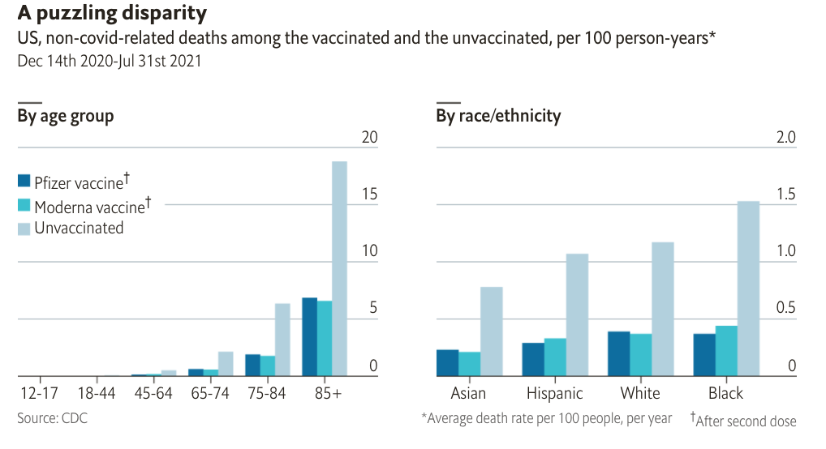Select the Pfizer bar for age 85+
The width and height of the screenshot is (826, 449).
[309, 337]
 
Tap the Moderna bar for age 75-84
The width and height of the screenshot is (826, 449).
[268, 366]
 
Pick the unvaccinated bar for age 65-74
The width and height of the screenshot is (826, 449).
[226, 364]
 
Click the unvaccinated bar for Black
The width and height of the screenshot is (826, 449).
[748, 289]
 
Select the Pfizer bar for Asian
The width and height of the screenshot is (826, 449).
[447, 363]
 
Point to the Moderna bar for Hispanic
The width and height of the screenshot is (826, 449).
[555, 357]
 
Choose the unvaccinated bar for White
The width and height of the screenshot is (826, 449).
[663, 309]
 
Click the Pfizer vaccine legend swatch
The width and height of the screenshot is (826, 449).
[24, 181]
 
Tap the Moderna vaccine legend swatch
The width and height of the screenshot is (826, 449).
[24, 205]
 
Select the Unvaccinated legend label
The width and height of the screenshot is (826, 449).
[79, 228]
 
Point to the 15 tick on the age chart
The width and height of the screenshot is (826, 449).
[370, 195]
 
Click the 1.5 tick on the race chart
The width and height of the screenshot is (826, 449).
[786, 195]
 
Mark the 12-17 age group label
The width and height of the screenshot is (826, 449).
[41, 394]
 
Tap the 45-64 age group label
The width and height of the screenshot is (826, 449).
[154, 394]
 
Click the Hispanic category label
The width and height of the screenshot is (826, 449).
[555, 394]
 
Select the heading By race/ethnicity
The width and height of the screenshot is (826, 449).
[498, 116]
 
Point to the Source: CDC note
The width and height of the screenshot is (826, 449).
[52, 418]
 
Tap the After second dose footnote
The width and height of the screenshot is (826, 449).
[746, 421]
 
